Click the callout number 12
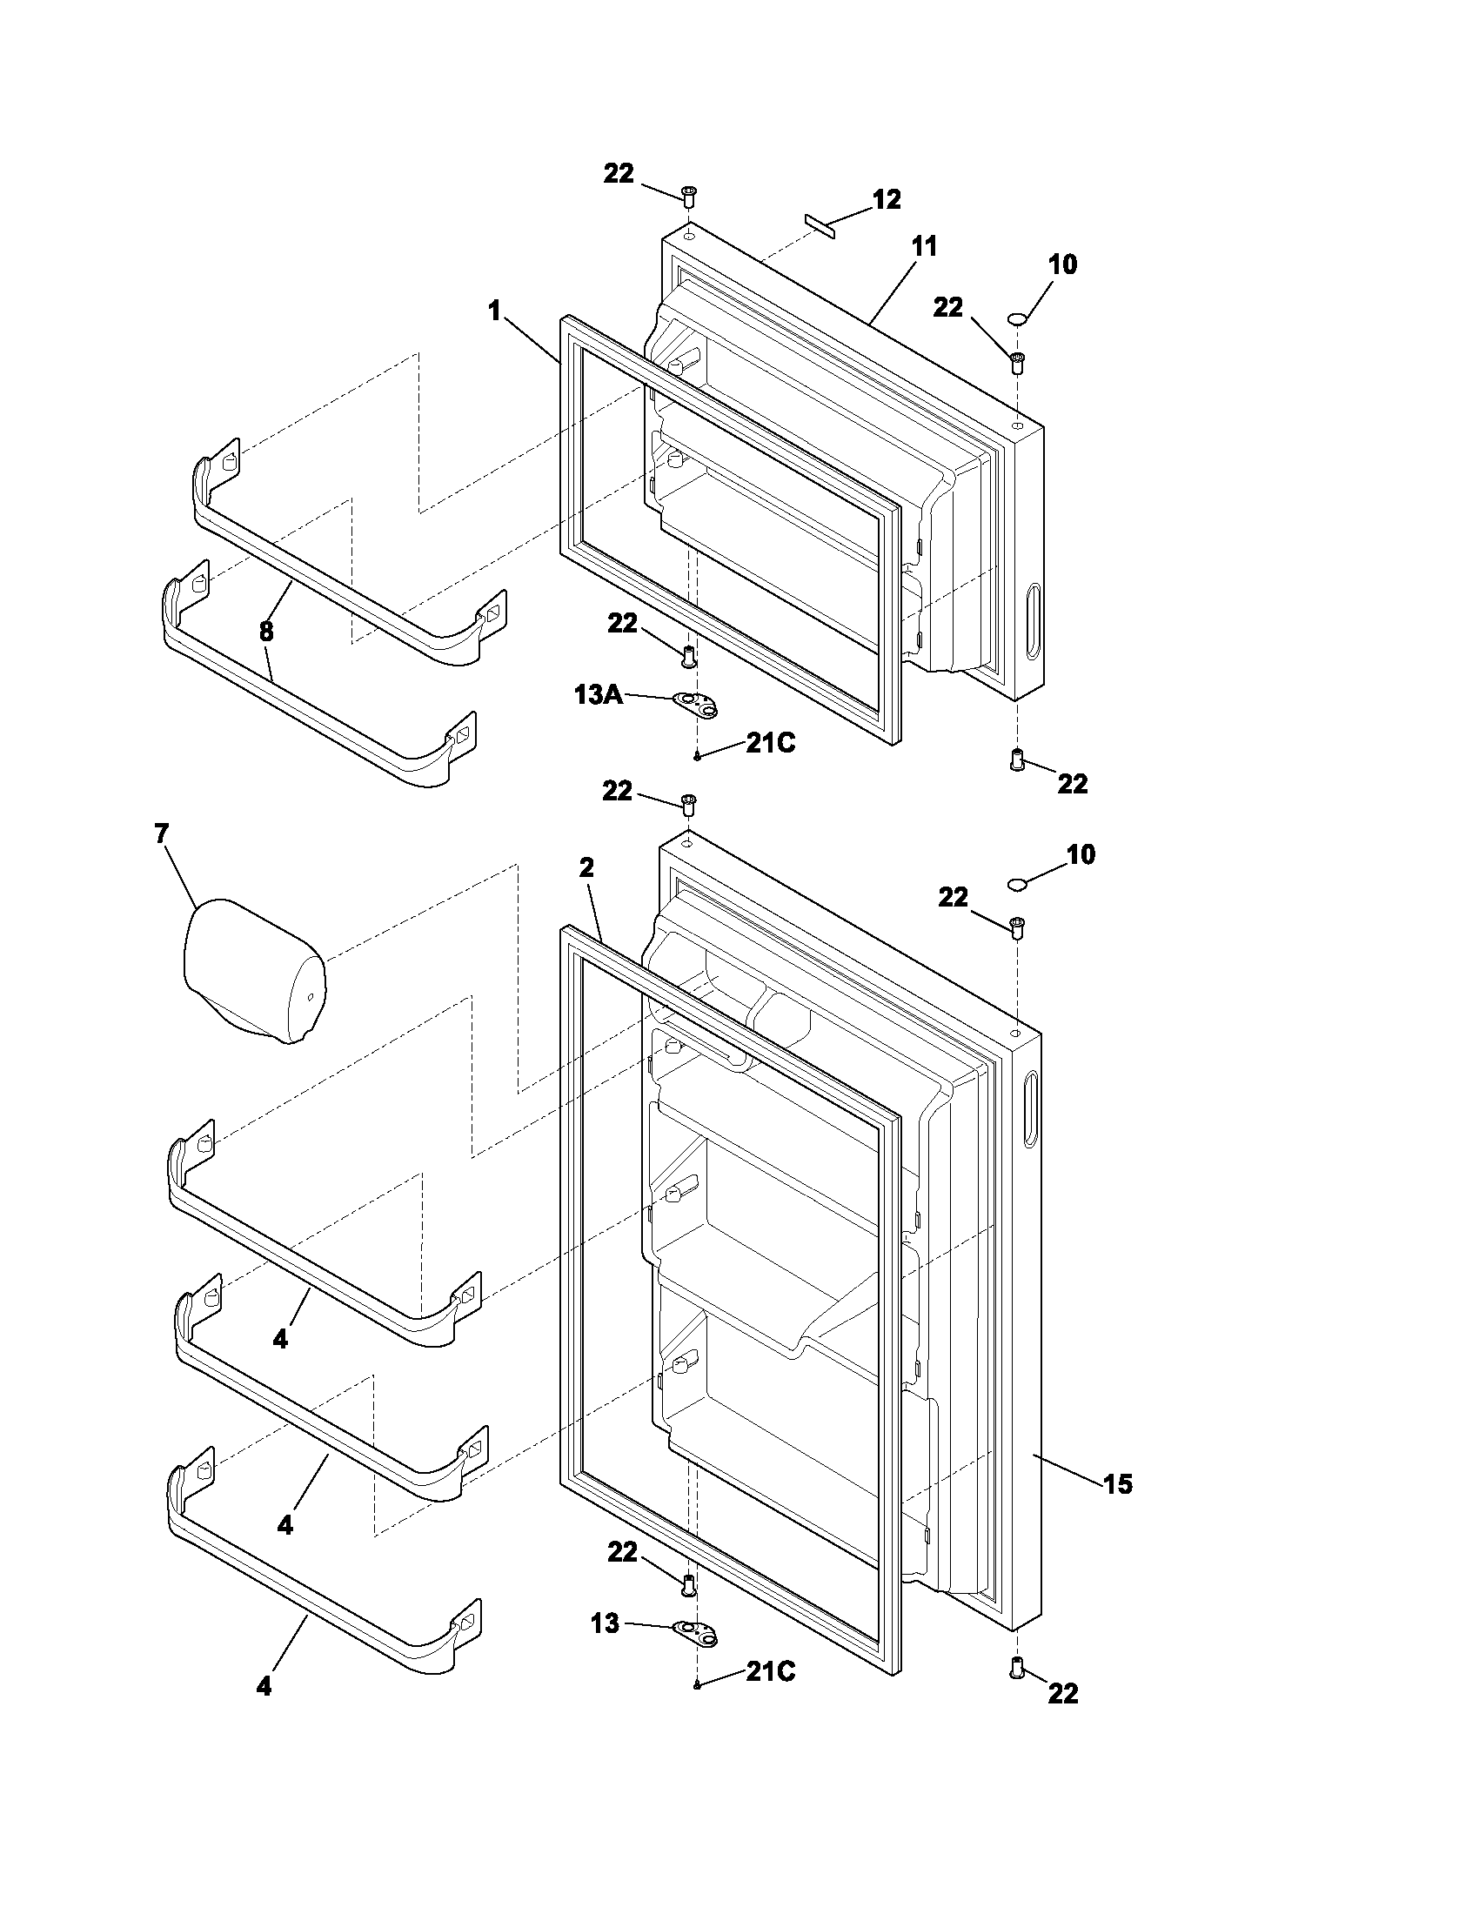click(x=887, y=200)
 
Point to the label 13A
click(x=599, y=695)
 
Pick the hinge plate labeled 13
click(x=695, y=1630)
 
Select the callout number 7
click(x=161, y=833)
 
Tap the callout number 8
click(x=266, y=630)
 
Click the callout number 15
click(x=1117, y=1483)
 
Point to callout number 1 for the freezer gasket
click(x=494, y=311)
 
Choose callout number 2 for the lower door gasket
click(x=586, y=867)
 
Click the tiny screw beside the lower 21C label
click(x=698, y=1684)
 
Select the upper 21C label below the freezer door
click(x=771, y=743)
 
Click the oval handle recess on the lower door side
click(x=1028, y=1107)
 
